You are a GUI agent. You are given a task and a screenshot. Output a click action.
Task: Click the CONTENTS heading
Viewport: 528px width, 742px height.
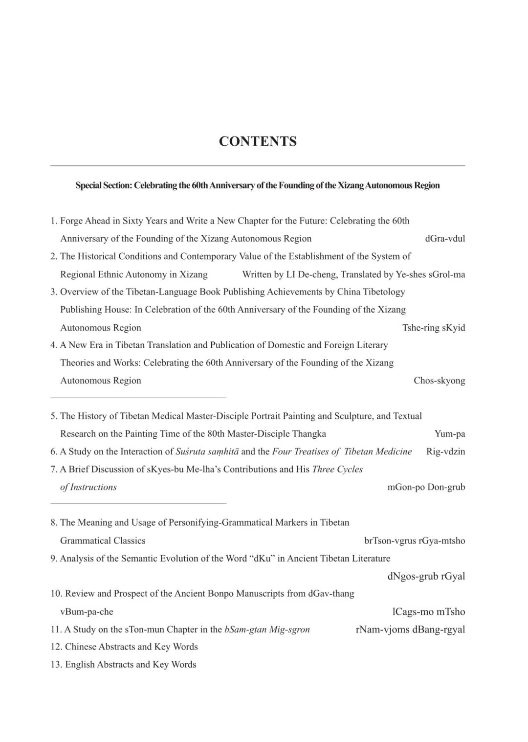click(x=258, y=141)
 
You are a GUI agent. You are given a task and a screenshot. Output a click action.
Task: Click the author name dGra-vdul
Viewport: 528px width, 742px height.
click(x=445, y=239)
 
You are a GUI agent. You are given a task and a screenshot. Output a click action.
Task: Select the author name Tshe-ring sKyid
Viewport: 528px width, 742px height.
click(x=434, y=328)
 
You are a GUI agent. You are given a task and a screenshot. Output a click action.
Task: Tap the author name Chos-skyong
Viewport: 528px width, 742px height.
click(x=439, y=381)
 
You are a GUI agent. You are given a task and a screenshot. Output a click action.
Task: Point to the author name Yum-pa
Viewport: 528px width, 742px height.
click(x=449, y=434)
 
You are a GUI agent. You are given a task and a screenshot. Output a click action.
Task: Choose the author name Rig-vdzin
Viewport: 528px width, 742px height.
click(x=445, y=451)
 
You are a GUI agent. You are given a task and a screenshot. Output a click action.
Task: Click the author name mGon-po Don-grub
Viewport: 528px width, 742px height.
click(x=426, y=487)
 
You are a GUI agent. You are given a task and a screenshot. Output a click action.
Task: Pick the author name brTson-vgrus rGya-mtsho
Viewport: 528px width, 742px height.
click(x=415, y=540)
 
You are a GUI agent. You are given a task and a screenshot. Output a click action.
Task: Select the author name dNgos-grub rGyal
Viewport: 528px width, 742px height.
click(x=426, y=576)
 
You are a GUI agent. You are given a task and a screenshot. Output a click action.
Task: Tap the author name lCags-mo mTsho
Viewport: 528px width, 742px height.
click(x=429, y=612)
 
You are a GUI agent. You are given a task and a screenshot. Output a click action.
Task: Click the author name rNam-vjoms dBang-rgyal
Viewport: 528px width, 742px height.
click(x=410, y=630)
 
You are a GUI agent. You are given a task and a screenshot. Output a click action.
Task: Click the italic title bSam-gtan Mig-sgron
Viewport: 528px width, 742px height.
click(x=267, y=630)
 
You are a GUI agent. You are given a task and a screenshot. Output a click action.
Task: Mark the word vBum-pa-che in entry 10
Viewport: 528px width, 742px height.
click(x=87, y=612)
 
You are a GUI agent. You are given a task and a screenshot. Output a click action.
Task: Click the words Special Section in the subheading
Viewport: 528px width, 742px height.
click(x=103, y=185)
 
